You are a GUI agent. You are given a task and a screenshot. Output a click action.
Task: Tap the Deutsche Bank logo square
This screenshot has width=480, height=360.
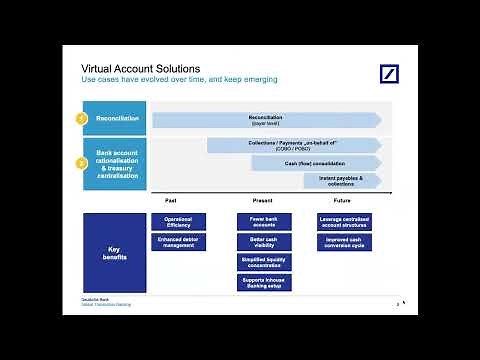[388, 75]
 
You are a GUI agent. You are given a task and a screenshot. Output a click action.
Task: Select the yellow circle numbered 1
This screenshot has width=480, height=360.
[83, 119]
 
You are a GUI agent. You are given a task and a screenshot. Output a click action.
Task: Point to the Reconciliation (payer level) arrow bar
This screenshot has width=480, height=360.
[265, 119]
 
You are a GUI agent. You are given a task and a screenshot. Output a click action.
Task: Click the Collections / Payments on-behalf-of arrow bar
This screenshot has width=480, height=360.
[293, 145]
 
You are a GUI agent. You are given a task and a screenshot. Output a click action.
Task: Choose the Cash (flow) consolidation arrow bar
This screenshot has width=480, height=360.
[315, 163]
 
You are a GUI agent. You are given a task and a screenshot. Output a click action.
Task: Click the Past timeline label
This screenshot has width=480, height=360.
[171, 201]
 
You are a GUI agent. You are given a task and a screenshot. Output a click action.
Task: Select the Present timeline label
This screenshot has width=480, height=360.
[263, 201]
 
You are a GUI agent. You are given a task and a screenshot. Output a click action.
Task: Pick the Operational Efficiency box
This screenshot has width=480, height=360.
[178, 221]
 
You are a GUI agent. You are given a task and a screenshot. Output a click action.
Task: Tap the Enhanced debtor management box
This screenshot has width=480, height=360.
[178, 242]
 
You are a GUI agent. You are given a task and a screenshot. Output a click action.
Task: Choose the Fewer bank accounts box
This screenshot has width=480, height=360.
[264, 221]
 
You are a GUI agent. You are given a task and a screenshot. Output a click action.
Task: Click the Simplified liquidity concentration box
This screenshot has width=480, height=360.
[264, 262]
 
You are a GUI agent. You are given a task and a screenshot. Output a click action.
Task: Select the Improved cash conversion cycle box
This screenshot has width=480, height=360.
[346, 242]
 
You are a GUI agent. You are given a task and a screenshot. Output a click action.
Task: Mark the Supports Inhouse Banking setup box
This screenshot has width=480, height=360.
[264, 283]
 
